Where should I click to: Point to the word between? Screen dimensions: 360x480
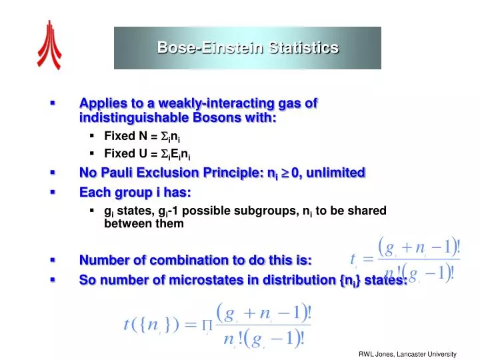(127, 224)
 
